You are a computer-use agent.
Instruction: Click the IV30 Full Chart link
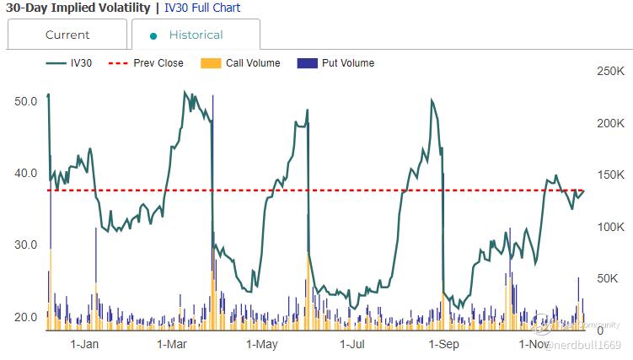pos(202,8)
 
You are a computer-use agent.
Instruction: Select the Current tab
pos(67,35)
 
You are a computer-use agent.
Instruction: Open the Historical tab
pos(196,35)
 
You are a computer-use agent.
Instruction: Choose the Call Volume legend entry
pos(252,63)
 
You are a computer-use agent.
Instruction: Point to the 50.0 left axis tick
pos(26,101)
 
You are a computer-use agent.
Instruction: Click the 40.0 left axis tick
pos(26,173)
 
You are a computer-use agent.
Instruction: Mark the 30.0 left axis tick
pos(26,244)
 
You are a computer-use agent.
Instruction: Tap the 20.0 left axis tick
pos(26,317)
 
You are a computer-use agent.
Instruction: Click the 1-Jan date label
pos(84,344)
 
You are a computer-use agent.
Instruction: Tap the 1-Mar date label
pos(172,344)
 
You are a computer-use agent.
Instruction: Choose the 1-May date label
pos(262,344)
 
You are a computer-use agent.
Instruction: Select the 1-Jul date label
pos(352,344)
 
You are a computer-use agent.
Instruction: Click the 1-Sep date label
pos(444,344)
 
